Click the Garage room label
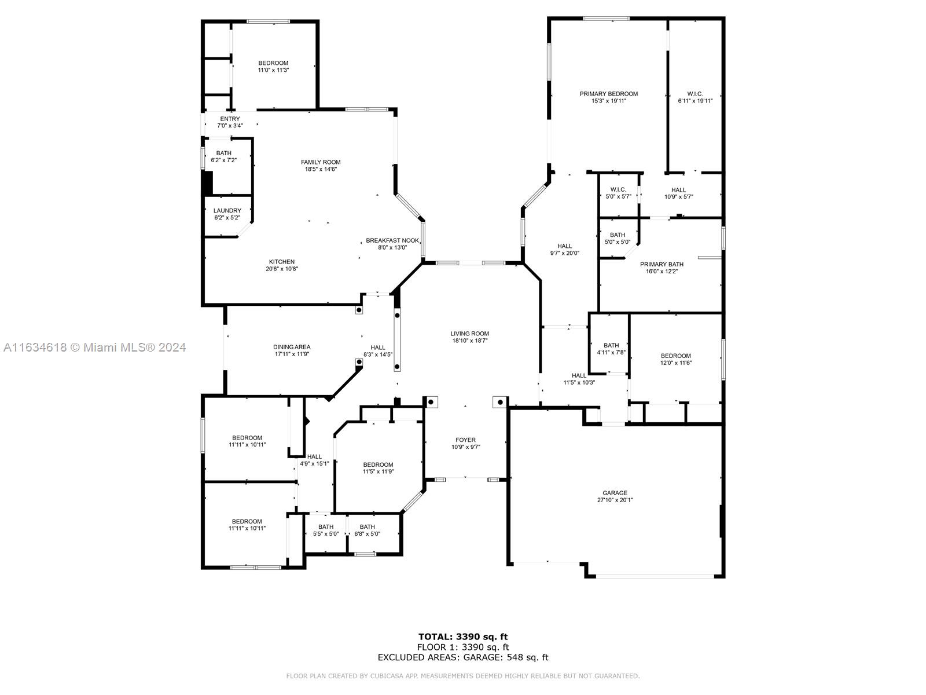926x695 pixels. point(615,493)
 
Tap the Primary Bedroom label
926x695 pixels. point(608,94)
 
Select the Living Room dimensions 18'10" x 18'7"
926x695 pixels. point(469,340)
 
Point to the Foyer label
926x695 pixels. point(465,440)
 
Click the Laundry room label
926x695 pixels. point(227,211)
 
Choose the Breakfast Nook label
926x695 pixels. point(392,240)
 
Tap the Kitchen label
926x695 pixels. point(282,262)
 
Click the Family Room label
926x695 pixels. point(321,162)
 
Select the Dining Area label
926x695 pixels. point(292,347)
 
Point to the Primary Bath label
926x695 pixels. point(662,264)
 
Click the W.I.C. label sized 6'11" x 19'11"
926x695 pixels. point(695,94)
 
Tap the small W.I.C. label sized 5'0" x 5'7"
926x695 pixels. point(618,189)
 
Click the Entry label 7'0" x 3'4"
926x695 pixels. point(230,119)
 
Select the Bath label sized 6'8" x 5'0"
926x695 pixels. point(367,526)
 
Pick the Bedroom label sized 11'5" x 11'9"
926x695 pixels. point(378,464)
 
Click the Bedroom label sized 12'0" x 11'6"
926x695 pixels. point(676,356)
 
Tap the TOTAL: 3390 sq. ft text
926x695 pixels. point(463,637)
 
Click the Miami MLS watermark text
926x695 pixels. point(94,347)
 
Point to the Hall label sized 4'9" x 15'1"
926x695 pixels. point(314,456)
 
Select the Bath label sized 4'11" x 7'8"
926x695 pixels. point(611,345)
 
